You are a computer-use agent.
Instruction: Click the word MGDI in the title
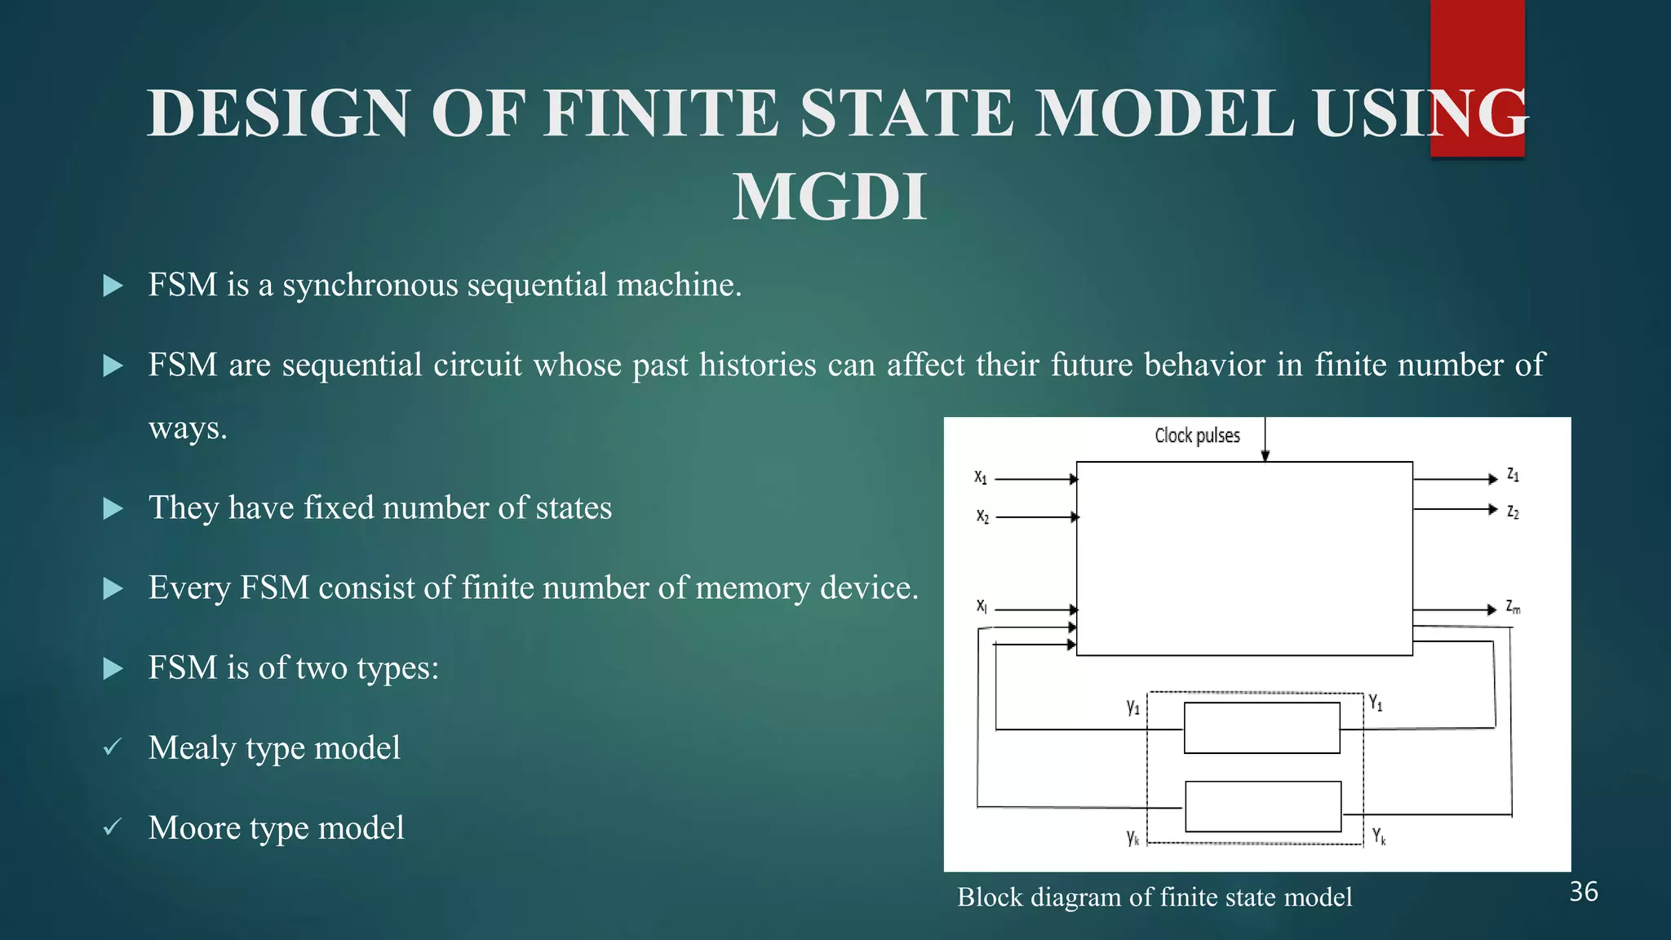click(x=830, y=197)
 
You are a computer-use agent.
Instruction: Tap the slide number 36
click(x=1583, y=892)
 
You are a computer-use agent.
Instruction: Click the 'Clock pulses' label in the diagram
click(x=1197, y=436)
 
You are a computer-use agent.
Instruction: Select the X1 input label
click(x=981, y=477)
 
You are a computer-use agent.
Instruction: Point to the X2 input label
click(x=982, y=517)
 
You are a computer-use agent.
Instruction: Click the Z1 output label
click(x=1513, y=475)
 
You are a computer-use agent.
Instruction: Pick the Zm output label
click(x=1513, y=608)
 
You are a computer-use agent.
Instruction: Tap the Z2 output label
click(x=1513, y=512)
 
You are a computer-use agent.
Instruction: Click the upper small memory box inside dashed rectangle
click(x=1261, y=728)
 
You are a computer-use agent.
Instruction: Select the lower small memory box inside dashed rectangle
click(x=1263, y=807)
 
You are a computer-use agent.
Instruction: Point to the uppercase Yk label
click(x=1379, y=836)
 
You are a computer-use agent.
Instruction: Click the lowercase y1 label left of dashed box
click(x=1132, y=707)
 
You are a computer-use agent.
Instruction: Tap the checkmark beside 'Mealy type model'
click(x=113, y=747)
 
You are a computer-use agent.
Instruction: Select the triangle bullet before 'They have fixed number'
click(x=113, y=509)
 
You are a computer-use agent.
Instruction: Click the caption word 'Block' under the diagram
click(x=990, y=898)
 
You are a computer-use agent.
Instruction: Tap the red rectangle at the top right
click(x=1477, y=49)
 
